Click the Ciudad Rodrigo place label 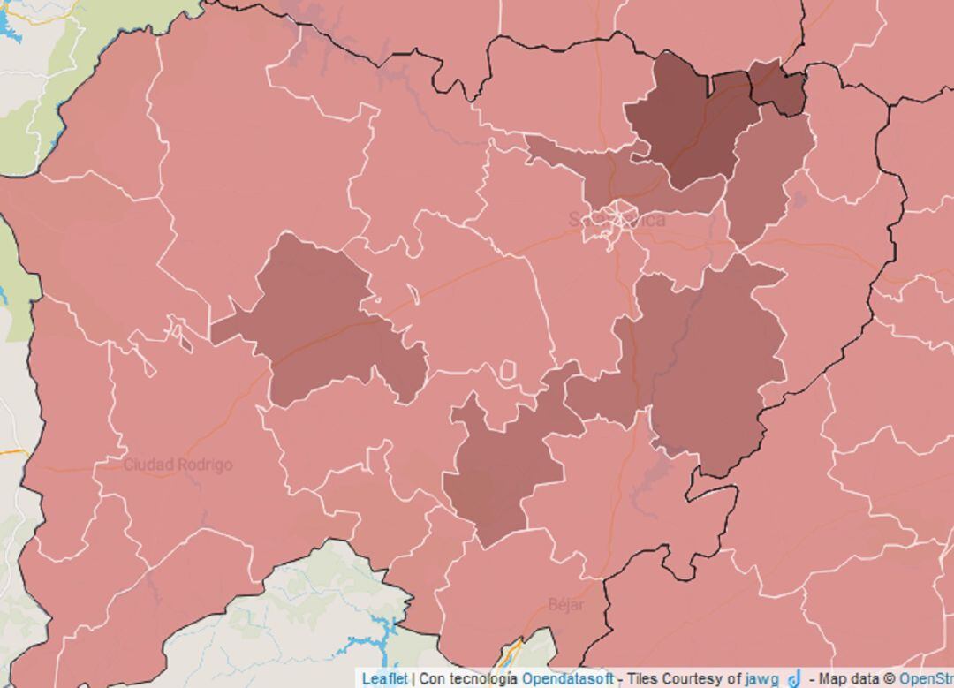point(178,465)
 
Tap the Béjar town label point(566,604)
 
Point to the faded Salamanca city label point(617,219)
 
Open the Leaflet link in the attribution point(384,678)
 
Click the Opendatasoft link point(567,678)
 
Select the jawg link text point(761,678)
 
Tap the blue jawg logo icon point(794,678)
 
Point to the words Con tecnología point(468,678)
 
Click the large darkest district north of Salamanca point(685,119)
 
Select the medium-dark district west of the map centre point(318,322)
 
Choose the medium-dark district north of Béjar point(503,468)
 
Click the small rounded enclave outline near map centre point(509,371)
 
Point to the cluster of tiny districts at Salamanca point(618,216)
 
